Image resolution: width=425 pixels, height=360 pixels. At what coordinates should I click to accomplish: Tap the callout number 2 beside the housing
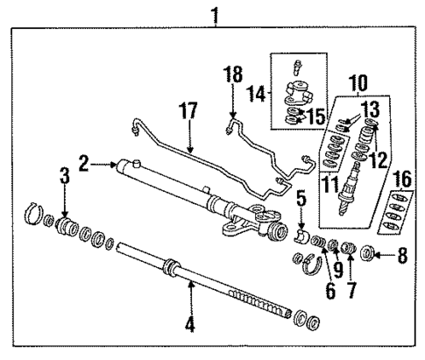click(x=84, y=163)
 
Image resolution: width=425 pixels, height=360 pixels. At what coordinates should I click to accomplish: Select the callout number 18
click(x=232, y=76)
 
